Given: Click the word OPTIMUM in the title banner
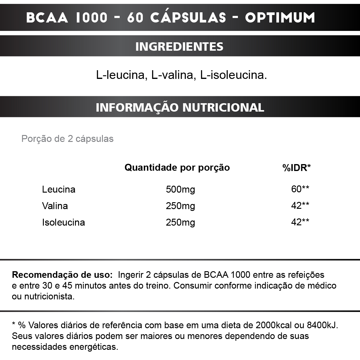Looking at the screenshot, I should [x=280, y=18].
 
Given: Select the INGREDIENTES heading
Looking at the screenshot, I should [x=179, y=46].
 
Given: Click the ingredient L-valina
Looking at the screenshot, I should [x=173, y=75].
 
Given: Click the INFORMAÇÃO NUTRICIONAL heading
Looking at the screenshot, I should [x=180, y=107].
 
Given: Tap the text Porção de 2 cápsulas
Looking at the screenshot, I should [x=67, y=139].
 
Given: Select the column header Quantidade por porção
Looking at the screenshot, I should [x=177, y=167].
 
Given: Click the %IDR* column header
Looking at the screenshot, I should [x=296, y=167].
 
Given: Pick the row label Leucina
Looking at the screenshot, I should [x=59, y=190].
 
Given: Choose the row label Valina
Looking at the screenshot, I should [x=55, y=206].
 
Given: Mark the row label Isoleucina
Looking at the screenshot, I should [x=64, y=222].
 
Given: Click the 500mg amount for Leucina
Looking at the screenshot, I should [x=180, y=190].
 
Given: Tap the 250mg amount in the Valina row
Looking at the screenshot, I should [x=180, y=206].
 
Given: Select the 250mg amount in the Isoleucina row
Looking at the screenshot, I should [x=180, y=222].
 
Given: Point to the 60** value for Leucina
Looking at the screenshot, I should [x=300, y=189].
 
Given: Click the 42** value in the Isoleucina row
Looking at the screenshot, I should [x=300, y=222].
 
